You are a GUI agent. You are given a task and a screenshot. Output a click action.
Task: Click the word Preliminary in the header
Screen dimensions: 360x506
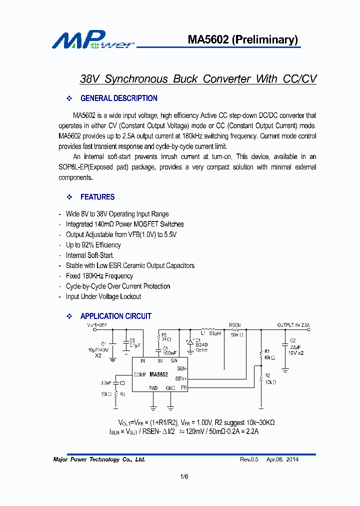[x=265, y=40]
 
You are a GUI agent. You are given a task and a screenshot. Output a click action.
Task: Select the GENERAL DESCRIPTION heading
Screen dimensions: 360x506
[x=118, y=98]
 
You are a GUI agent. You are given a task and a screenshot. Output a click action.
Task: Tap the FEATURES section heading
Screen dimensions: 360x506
[x=97, y=197]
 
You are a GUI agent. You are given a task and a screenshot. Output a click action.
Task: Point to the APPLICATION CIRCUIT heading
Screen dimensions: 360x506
[x=115, y=316]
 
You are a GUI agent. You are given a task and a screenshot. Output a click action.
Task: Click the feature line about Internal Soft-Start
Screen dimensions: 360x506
[x=90, y=255]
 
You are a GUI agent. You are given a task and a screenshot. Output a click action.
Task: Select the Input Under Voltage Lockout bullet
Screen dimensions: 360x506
[x=103, y=296]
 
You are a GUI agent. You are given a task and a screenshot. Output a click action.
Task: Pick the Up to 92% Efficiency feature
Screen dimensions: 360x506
[x=93, y=245]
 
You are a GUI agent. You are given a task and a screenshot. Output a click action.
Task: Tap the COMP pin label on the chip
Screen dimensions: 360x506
[x=140, y=374]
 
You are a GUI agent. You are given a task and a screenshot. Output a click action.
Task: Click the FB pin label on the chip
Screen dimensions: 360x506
[x=183, y=387]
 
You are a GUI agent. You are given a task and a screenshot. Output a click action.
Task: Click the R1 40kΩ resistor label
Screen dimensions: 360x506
[x=269, y=354]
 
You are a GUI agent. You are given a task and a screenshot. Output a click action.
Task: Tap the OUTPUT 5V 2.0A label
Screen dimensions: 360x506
[x=294, y=325]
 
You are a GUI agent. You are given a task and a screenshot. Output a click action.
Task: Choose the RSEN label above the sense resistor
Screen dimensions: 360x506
[x=234, y=324]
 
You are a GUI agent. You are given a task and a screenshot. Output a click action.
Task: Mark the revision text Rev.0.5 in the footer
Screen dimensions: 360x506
[x=249, y=459]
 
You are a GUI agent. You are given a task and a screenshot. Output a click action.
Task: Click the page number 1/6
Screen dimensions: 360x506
[x=184, y=477]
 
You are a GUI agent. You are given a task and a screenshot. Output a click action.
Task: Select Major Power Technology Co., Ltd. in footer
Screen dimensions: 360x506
[x=99, y=459]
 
